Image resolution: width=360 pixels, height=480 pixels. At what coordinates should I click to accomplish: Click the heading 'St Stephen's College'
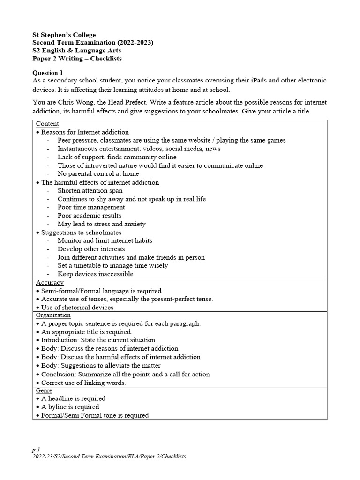pyautogui.click(x=64, y=35)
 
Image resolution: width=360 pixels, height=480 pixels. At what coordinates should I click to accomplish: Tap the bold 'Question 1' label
pyautogui.click(x=47, y=73)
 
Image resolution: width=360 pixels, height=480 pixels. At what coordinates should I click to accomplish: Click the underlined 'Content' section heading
pyautogui.click(x=47, y=124)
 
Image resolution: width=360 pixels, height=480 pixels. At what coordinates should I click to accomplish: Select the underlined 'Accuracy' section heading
pyautogui.click(x=50, y=283)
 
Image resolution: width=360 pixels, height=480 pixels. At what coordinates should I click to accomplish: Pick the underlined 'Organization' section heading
pyautogui.click(x=53, y=315)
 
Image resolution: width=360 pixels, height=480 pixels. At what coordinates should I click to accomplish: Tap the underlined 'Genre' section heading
pyautogui.click(x=44, y=390)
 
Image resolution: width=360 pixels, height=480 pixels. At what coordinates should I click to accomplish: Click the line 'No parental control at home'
pyautogui.click(x=98, y=173)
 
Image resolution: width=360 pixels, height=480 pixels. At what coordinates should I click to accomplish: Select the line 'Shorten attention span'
pyautogui.click(x=90, y=190)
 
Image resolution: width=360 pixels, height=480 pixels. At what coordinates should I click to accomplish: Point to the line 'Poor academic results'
pyautogui.click(x=89, y=216)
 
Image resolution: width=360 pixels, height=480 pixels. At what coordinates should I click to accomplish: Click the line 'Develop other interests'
pyautogui.click(x=91, y=249)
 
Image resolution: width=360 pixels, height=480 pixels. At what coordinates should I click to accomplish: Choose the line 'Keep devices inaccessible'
pyautogui.click(x=95, y=274)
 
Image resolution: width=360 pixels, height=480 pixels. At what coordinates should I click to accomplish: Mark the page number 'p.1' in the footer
pyautogui.click(x=36, y=449)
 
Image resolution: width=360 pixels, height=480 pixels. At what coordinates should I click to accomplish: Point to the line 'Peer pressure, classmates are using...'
pyautogui.click(x=172, y=140)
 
